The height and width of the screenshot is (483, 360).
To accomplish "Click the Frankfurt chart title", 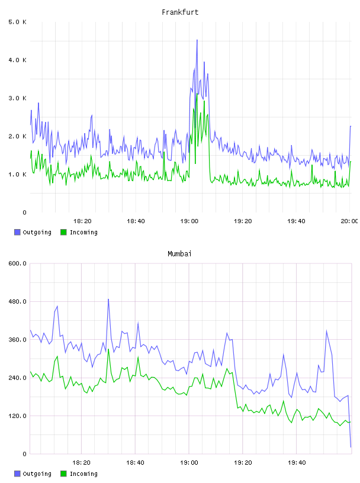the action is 180,12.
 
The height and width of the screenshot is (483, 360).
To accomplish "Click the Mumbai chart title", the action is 179,254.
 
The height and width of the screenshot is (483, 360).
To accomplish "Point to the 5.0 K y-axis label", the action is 17,22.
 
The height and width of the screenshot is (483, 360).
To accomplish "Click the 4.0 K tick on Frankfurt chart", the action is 17,60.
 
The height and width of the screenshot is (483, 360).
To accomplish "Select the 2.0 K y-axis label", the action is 17,137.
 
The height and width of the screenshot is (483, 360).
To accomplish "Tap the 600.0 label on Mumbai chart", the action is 17,263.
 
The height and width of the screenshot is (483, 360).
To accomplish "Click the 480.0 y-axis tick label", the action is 17,301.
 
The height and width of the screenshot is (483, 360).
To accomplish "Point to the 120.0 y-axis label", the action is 17,416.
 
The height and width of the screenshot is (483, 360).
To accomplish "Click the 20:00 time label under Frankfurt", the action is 349,221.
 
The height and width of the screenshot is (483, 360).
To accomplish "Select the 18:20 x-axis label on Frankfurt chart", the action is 82,221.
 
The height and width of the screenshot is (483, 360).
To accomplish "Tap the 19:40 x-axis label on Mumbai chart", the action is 297,463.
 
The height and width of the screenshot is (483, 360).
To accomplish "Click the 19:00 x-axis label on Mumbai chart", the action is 189,463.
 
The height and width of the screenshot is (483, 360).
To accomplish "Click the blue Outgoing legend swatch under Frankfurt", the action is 17,232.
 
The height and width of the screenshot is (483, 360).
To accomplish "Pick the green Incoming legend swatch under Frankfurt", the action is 63,232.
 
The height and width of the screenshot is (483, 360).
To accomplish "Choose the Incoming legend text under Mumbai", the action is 83,474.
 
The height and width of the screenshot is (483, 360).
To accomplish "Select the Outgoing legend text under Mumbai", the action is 37,474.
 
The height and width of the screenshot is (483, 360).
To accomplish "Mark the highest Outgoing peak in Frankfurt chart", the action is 197,40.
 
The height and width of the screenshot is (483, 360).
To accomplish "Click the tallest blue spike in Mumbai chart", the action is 108,299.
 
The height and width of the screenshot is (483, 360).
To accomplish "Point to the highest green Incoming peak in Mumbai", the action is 108,349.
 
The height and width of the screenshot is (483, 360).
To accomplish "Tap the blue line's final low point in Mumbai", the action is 351,447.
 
